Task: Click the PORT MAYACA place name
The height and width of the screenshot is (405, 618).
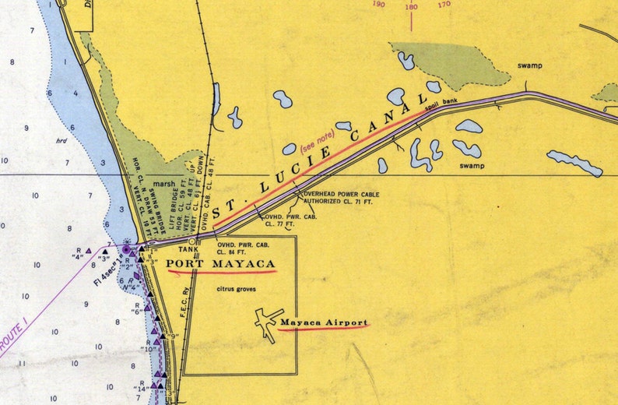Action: pos(221,264)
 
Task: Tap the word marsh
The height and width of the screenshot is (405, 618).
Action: pos(161,185)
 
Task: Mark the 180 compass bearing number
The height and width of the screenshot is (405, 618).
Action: pos(411,7)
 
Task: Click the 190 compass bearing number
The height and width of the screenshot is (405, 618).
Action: pos(379,5)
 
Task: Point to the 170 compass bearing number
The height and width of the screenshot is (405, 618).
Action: pos(444,5)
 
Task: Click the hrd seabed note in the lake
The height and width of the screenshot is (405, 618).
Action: pos(61,141)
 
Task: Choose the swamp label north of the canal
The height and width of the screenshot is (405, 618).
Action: pos(530,65)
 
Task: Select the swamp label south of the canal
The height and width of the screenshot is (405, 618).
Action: pos(471,166)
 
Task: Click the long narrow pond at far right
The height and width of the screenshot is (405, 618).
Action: pos(574,163)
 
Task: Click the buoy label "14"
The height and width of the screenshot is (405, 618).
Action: pos(140,387)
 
